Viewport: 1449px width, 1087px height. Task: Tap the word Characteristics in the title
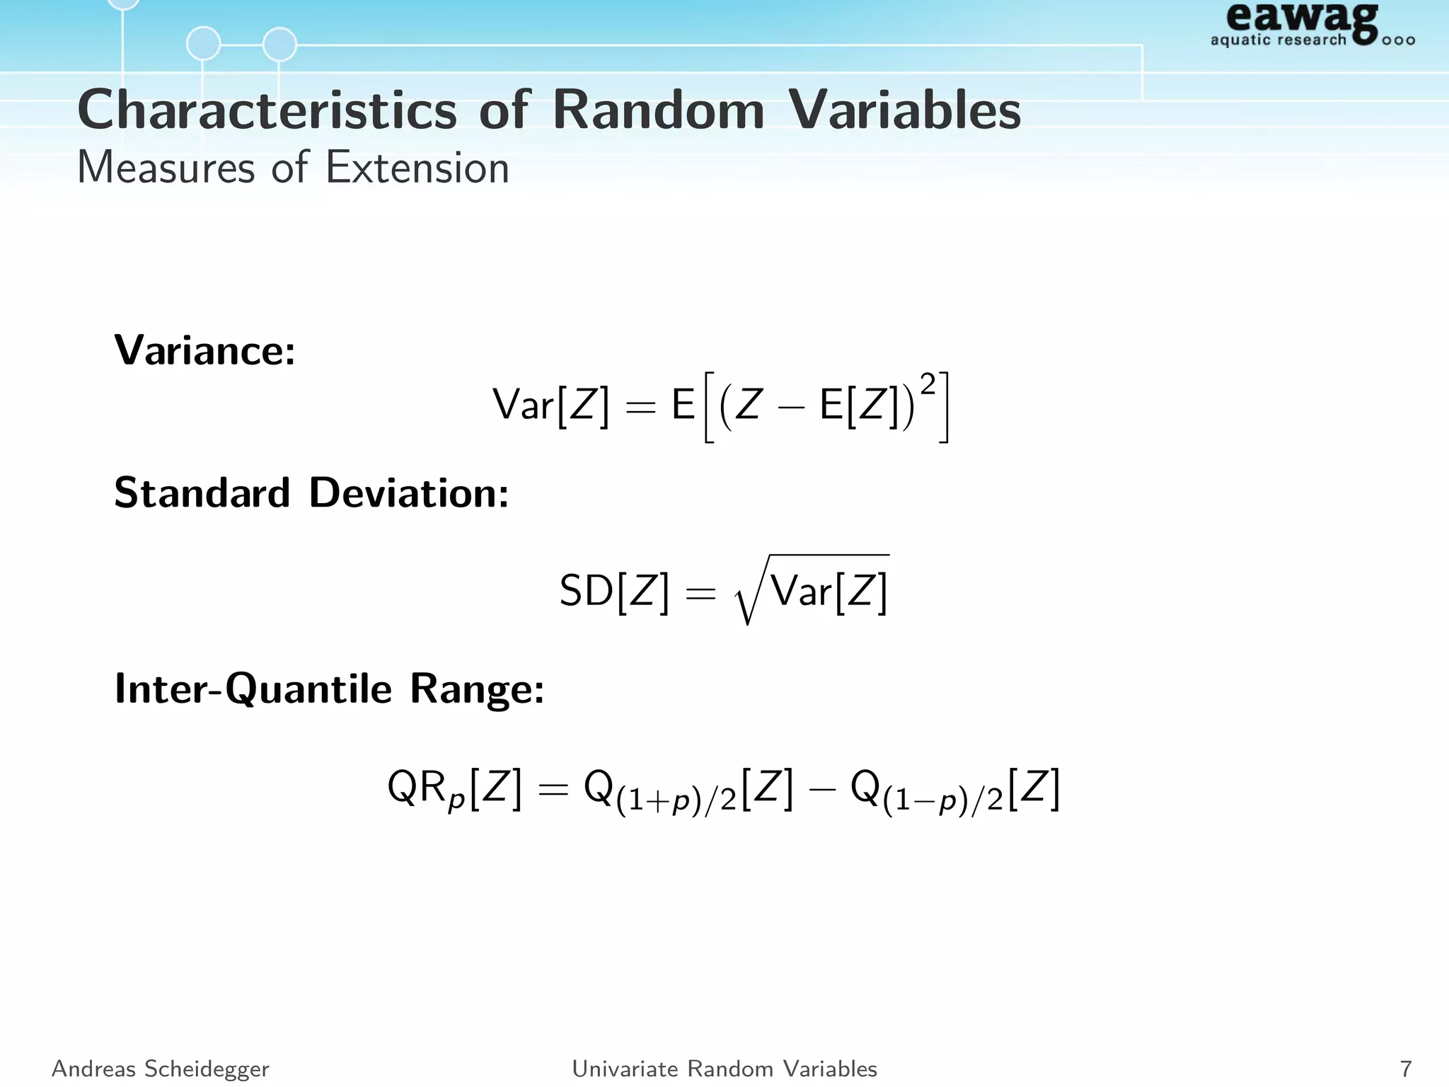pyautogui.click(x=267, y=111)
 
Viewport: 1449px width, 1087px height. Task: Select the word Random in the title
pyautogui.click(x=658, y=111)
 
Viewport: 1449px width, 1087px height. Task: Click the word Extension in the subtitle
pyautogui.click(x=417, y=168)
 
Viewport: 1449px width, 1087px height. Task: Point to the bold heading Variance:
pyautogui.click(x=204, y=350)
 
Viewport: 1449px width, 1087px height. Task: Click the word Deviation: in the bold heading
pyautogui.click(x=408, y=493)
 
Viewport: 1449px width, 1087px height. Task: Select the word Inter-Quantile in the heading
pyautogui.click(x=253, y=689)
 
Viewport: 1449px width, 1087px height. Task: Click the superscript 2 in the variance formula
pyautogui.click(x=928, y=384)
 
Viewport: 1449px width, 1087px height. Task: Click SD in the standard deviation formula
pyautogui.click(x=586, y=590)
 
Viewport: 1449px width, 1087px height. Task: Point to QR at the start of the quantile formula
pyautogui.click(x=417, y=787)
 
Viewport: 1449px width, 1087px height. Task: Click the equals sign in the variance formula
pyautogui.click(x=640, y=408)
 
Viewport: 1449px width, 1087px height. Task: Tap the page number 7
pyautogui.click(x=1405, y=1069)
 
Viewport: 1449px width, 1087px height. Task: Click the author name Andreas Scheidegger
pyautogui.click(x=161, y=1069)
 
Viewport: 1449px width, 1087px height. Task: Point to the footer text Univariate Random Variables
pyautogui.click(x=724, y=1069)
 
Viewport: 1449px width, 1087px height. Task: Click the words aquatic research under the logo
pyautogui.click(x=1278, y=40)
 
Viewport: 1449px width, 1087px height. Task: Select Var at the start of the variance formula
pyautogui.click(x=523, y=406)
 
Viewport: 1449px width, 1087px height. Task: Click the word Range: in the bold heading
pyautogui.click(x=477, y=689)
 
